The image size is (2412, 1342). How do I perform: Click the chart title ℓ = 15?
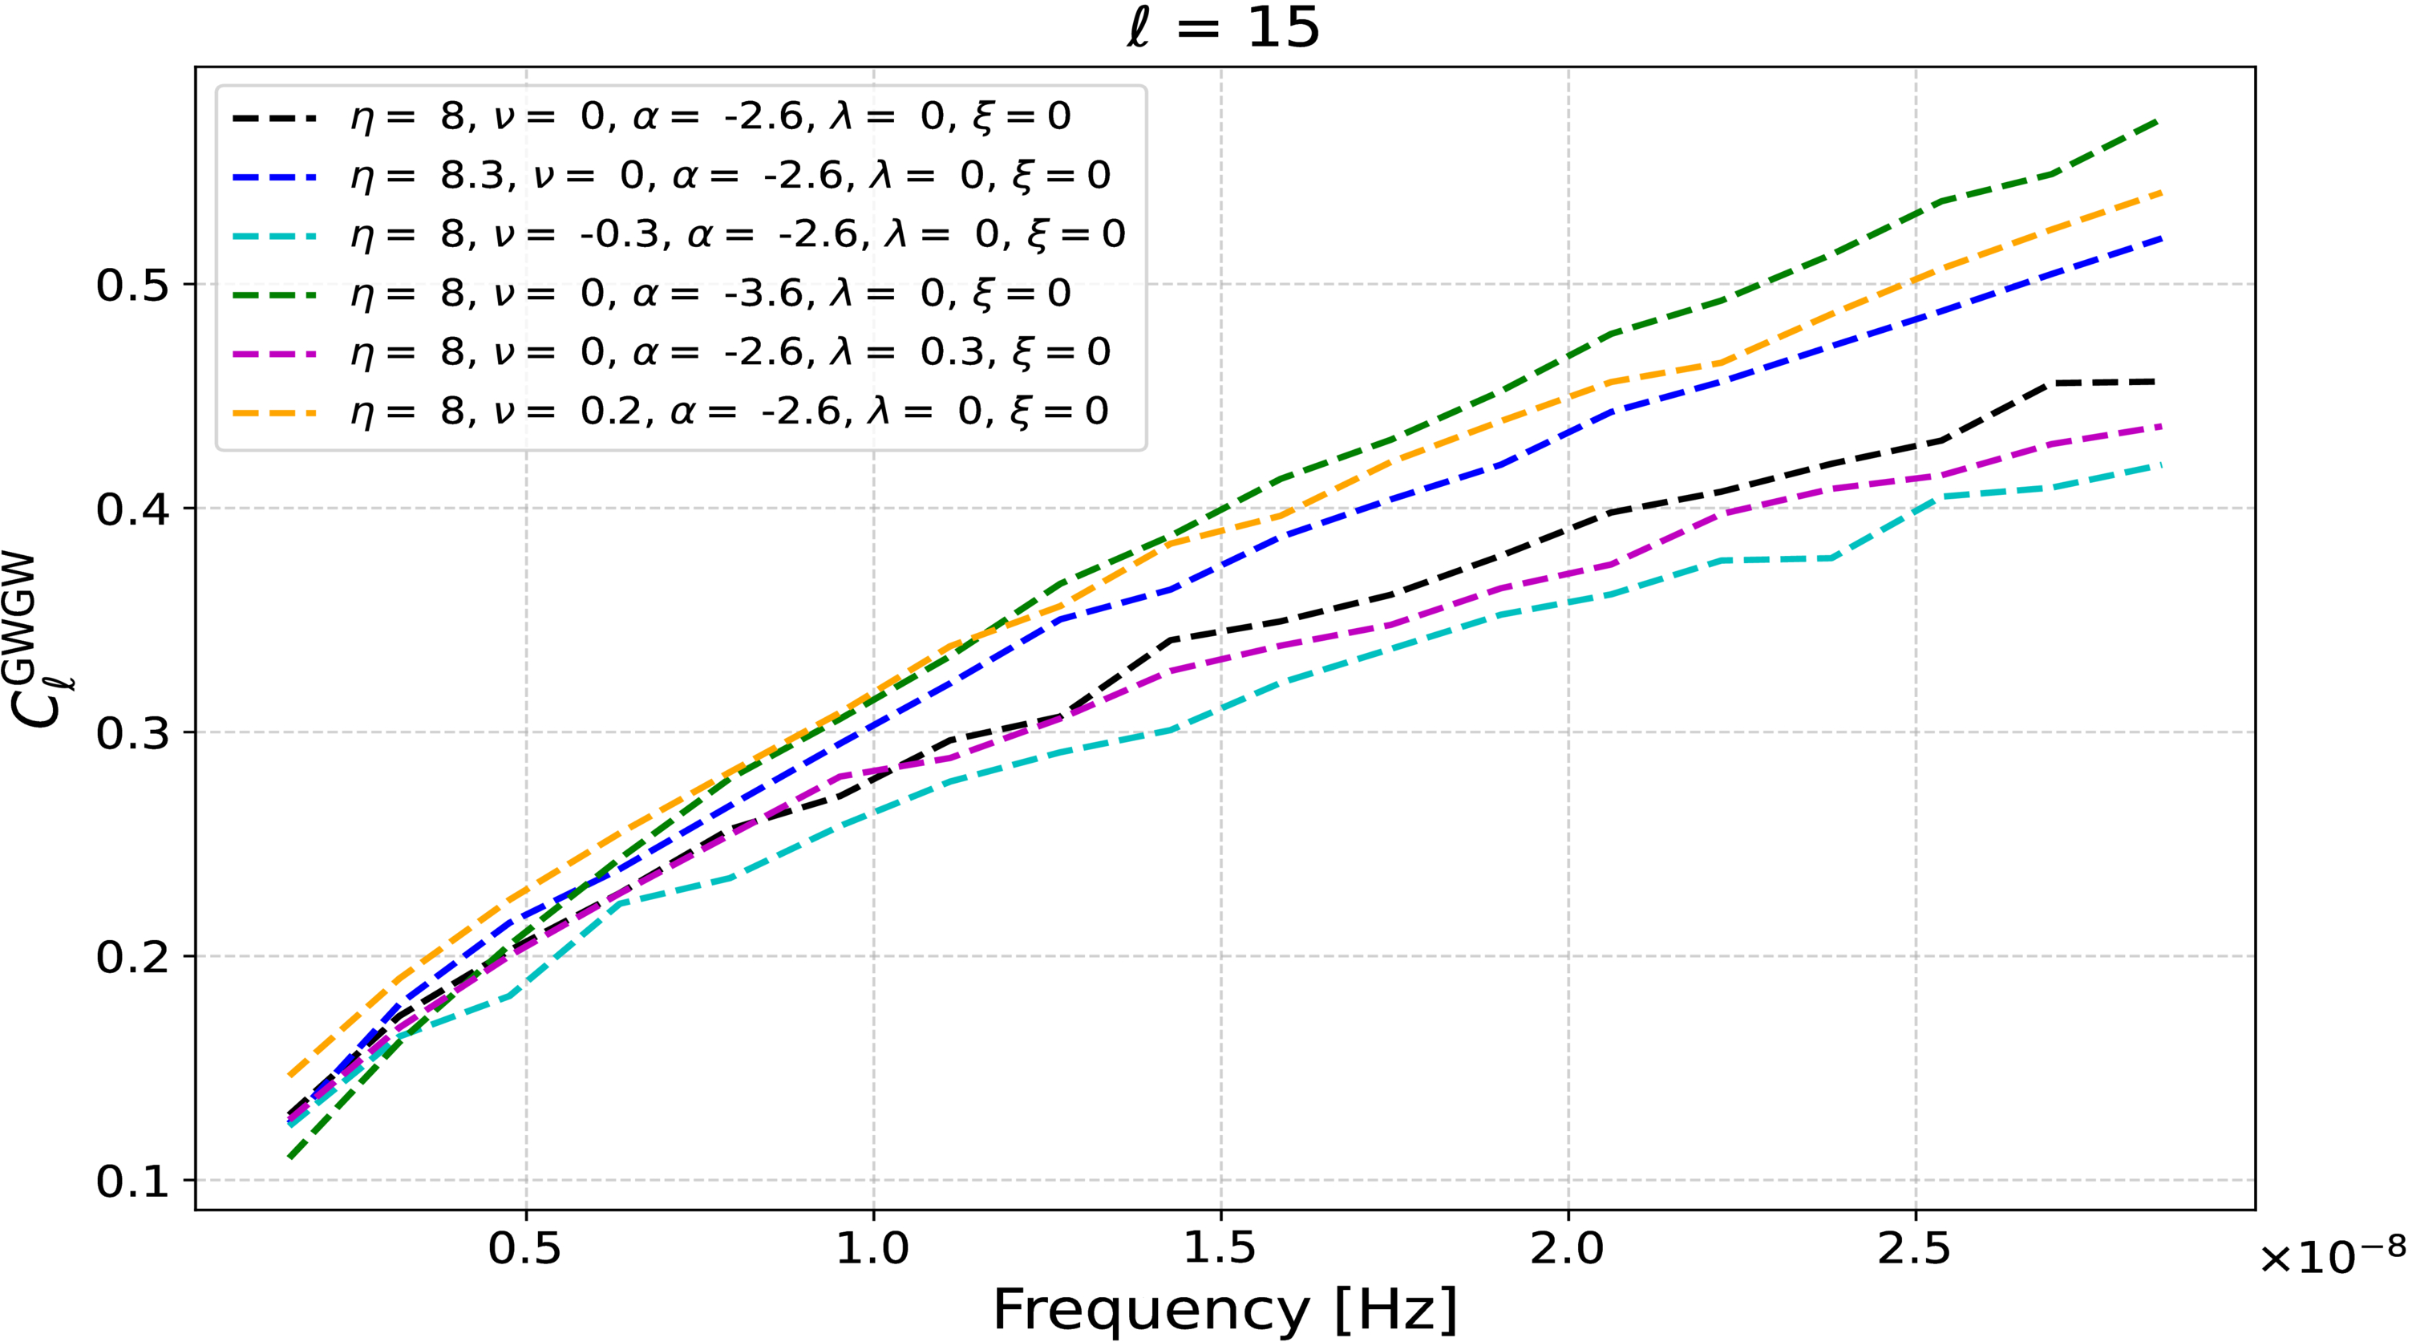pyautogui.click(x=1223, y=28)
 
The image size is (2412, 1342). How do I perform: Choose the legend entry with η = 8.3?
pyautogui.click(x=730, y=175)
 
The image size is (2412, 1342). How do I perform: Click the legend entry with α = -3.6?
pyautogui.click(x=710, y=294)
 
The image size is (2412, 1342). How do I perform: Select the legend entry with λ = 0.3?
pyautogui.click(x=730, y=352)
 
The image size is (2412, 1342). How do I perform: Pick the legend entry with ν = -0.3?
pyautogui.click(x=738, y=234)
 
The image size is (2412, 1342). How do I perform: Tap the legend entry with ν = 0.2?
pyautogui.click(x=730, y=412)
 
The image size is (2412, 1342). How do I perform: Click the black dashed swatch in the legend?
pyautogui.click(x=274, y=117)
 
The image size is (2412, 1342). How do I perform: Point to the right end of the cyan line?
pyautogui.click(x=2159, y=465)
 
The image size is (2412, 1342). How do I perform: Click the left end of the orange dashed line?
pyautogui.click(x=289, y=1075)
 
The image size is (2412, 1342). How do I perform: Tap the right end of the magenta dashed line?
pyautogui.click(x=2159, y=427)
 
